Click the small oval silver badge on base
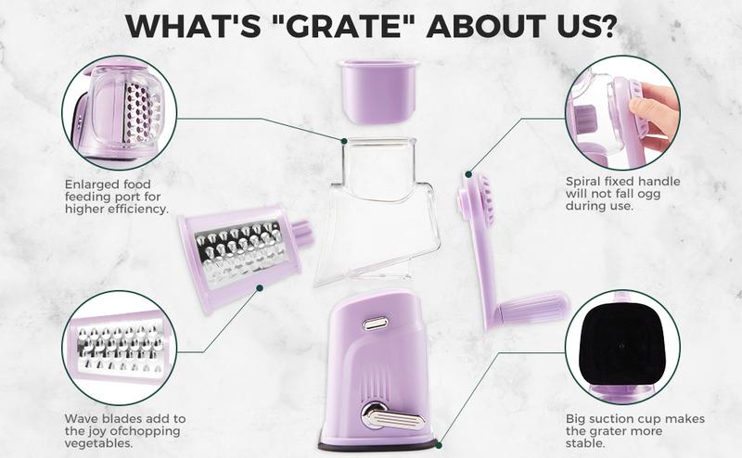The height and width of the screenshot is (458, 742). point(376,323)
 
